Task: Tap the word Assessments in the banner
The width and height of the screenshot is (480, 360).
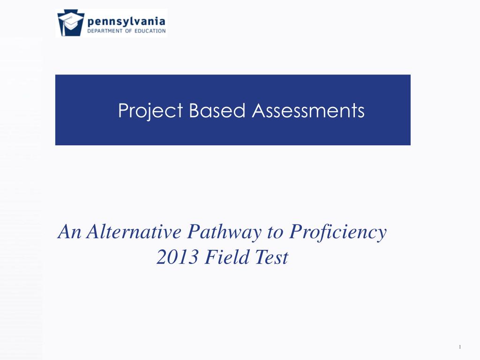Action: pos(308,111)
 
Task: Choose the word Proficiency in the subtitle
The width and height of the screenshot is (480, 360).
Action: pos(338,232)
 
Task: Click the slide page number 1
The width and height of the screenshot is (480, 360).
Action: pos(460,347)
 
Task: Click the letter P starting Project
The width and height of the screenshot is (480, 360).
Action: pos(123,111)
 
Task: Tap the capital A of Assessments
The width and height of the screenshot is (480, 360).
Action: pos(258,111)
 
